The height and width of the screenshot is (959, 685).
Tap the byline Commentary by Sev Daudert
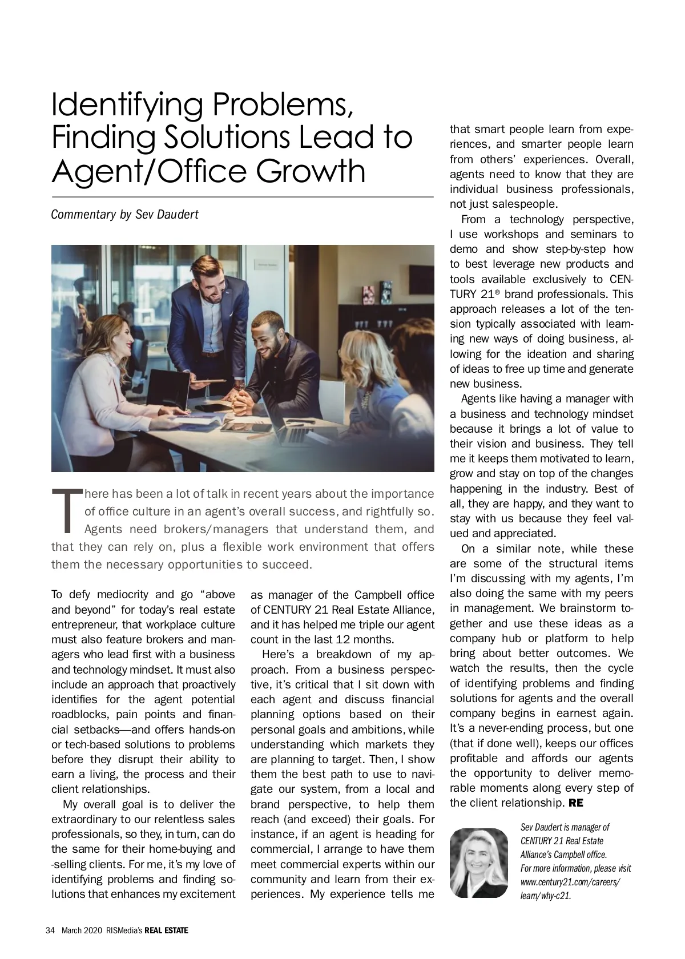point(124,215)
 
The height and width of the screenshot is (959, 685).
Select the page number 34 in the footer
point(50,930)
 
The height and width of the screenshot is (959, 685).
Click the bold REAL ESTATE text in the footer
point(166,930)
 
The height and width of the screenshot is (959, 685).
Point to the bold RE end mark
point(576,803)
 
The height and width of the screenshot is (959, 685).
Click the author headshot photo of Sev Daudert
point(478,863)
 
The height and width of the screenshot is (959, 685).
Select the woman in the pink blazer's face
point(117,344)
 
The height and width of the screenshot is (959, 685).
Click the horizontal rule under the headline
point(243,197)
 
